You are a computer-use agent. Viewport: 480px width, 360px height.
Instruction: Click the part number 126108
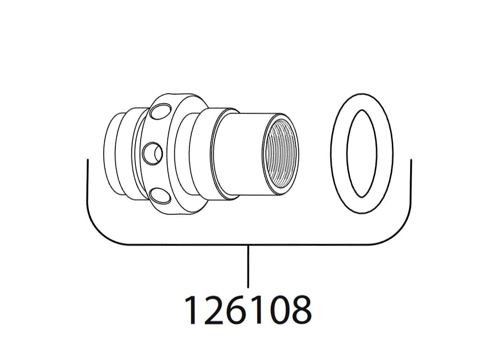[247, 310]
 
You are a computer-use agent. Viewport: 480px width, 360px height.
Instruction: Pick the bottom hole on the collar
[160, 195]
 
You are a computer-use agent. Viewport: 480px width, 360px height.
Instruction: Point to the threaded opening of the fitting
[280, 156]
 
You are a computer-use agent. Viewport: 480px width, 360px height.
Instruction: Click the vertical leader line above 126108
[248, 266]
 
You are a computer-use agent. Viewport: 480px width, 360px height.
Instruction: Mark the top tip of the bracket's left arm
[88, 159]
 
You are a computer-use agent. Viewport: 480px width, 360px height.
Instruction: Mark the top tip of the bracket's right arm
[411, 159]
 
